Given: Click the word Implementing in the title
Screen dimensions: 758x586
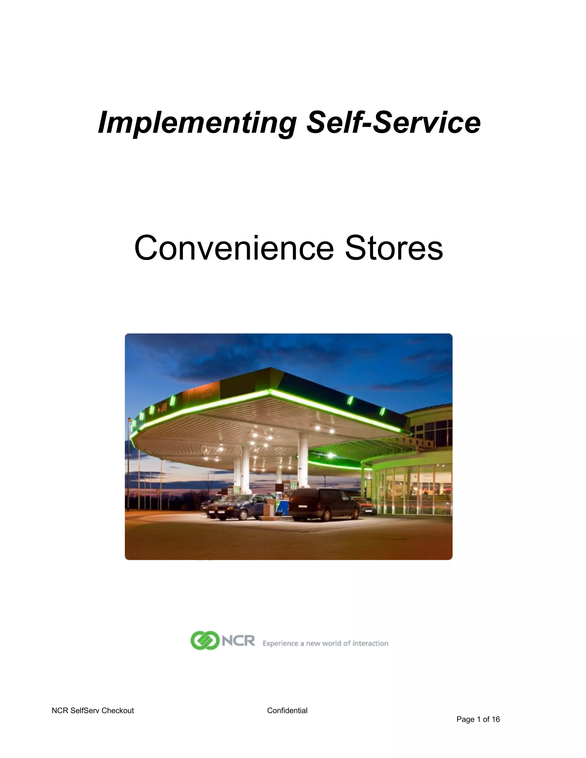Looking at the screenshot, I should point(197,123).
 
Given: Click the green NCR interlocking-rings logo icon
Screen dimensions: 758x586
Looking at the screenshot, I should point(205,641).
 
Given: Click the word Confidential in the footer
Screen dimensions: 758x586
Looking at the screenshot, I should point(287,711).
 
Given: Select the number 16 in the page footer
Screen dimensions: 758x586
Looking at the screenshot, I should point(496,719).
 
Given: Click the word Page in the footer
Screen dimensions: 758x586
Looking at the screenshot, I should point(465,719).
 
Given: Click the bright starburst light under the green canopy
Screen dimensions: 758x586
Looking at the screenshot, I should point(330,455).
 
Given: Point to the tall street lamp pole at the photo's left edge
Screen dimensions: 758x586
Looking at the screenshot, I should point(130,462).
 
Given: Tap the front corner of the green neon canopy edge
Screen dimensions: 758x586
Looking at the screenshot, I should point(270,392).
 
